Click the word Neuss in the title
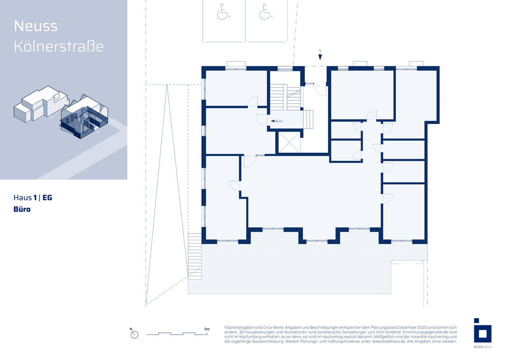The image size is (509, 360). coord(36,26)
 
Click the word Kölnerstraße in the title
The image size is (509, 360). coord(58,47)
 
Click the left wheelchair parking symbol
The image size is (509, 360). coord(223,12)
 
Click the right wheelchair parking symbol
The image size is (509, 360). coord(266,12)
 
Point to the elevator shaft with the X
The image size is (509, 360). coord(289,142)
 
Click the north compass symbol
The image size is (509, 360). coord(134,334)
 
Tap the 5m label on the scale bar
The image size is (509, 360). coord(207,329)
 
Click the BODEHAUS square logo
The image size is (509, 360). coord(482,330)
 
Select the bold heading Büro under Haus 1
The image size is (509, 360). coord(22,209)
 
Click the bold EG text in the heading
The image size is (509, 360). coord(47,198)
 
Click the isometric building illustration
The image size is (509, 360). coord(61,112)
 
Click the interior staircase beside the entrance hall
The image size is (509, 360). coord(285,97)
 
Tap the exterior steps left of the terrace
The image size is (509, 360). coord(195,256)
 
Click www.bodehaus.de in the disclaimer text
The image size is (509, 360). coord(389,341)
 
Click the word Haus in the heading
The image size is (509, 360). coord(23,198)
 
